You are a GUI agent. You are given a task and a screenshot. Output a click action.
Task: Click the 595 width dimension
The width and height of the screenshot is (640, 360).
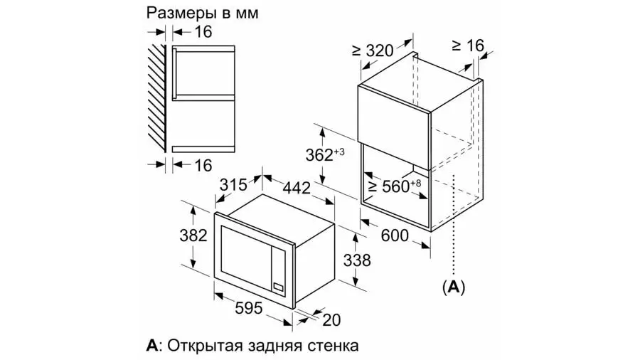click(249, 308)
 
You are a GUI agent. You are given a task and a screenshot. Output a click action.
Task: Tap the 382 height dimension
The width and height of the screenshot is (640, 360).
click(193, 235)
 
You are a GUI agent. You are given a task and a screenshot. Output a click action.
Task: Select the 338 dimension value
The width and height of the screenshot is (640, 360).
click(357, 260)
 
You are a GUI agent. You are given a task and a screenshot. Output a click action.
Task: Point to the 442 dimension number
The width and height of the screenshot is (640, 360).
click(297, 188)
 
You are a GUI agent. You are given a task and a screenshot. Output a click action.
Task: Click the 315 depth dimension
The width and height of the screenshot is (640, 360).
click(233, 185)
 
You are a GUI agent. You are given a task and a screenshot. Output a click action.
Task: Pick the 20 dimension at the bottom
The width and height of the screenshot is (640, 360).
click(331, 320)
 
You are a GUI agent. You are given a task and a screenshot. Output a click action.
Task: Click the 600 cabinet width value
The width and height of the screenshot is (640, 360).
click(395, 235)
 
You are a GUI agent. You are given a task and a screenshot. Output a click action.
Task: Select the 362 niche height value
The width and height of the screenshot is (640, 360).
click(325, 154)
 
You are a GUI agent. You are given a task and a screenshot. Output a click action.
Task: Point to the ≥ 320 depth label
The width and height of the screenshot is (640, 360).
click(373, 51)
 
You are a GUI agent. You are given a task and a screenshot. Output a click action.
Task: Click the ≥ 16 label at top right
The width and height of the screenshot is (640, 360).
click(468, 46)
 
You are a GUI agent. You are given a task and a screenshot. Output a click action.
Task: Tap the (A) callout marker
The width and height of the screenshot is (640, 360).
click(454, 287)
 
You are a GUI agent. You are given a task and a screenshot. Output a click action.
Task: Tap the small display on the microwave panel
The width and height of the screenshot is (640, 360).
click(278, 287)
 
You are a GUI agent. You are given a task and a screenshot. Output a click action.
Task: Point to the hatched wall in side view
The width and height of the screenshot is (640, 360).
click(156, 97)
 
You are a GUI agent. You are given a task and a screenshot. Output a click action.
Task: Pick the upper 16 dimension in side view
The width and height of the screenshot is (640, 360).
click(203, 31)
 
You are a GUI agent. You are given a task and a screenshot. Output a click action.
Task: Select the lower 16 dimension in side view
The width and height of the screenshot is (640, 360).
click(203, 165)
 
